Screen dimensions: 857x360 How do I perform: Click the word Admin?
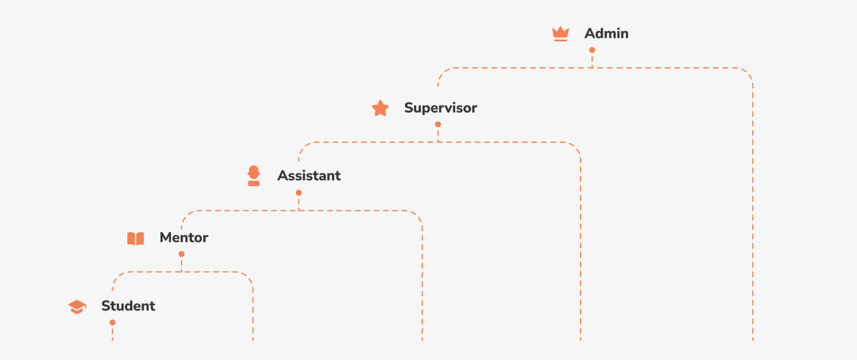pos(606,34)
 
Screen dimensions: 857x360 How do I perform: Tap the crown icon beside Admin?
pos(561,34)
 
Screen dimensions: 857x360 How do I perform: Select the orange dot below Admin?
pos(592,50)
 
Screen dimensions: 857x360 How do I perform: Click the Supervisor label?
pos(440,108)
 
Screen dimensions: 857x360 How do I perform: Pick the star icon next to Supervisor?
pos(380,108)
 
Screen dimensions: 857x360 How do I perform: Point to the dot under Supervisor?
pos(438,124)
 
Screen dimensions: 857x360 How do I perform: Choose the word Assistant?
pos(309,176)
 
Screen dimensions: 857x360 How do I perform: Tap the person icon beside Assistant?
pos(253,176)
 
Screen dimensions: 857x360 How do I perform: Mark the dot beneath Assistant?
pos(299,193)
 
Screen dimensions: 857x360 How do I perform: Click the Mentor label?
pos(184,238)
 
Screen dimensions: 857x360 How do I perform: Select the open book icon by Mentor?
pos(135,238)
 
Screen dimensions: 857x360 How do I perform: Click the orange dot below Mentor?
pos(181,254)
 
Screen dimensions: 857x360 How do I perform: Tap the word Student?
pos(128,306)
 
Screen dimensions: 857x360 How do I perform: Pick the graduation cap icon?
pos(77,307)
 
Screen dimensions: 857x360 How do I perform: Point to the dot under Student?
pos(112,323)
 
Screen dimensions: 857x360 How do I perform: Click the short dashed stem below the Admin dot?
pos(592,61)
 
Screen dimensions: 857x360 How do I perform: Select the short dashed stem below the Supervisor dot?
pos(438,135)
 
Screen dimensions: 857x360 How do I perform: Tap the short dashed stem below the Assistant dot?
pos(299,203)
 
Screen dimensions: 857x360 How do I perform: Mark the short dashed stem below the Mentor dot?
pos(181,264)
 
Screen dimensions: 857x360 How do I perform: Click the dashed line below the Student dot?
pos(112,334)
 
